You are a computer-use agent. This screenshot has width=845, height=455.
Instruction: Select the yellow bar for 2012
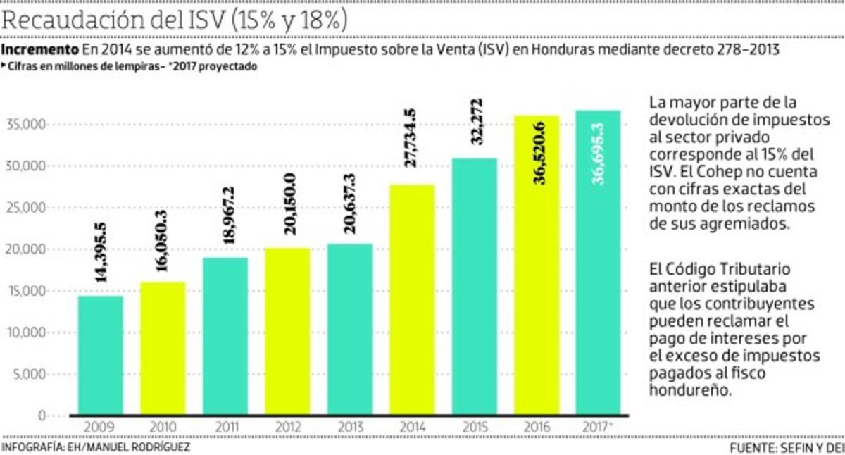[287, 331]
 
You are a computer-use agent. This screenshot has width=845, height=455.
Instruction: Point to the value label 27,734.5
[412, 138]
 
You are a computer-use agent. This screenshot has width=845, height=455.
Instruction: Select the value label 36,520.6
[537, 152]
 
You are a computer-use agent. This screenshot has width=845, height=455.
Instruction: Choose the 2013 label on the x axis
[349, 428]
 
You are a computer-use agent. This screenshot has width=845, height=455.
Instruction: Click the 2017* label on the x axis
[599, 428]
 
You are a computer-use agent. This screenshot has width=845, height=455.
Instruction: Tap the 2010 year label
[163, 428]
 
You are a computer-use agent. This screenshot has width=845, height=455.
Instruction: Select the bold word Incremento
[40, 50]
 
